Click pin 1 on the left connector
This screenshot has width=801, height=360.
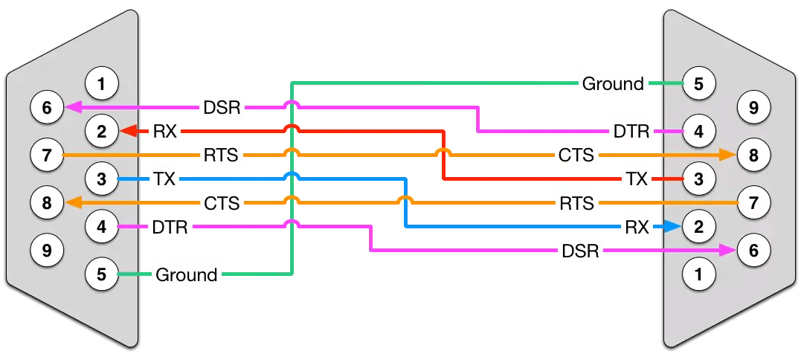click(x=103, y=83)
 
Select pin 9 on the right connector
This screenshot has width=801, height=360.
click(x=754, y=109)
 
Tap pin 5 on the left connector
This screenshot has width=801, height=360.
click(x=103, y=274)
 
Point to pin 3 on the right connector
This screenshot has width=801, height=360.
click(x=698, y=179)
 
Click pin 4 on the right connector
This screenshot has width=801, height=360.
click(x=698, y=132)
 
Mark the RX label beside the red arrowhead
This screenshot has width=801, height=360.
click(x=164, y=132)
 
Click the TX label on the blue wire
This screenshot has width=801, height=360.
click(x=164, y=179)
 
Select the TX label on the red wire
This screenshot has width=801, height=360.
click(x=636, y=179)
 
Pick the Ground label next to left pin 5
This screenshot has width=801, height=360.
click(x=186, y=274)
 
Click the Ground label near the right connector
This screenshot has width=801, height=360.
click(x=613, y=84)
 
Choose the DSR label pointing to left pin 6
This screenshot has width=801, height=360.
click(x=222, y=108)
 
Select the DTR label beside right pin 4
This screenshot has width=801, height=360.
click(x=629, y=132)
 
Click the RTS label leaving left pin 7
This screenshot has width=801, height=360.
click(x=222, y=155)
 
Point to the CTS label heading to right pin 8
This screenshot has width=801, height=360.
click(x=576, y=155)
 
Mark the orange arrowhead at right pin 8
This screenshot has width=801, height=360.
click(x=728, y=155)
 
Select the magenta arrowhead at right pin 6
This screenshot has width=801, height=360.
click(x=728, y=251)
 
